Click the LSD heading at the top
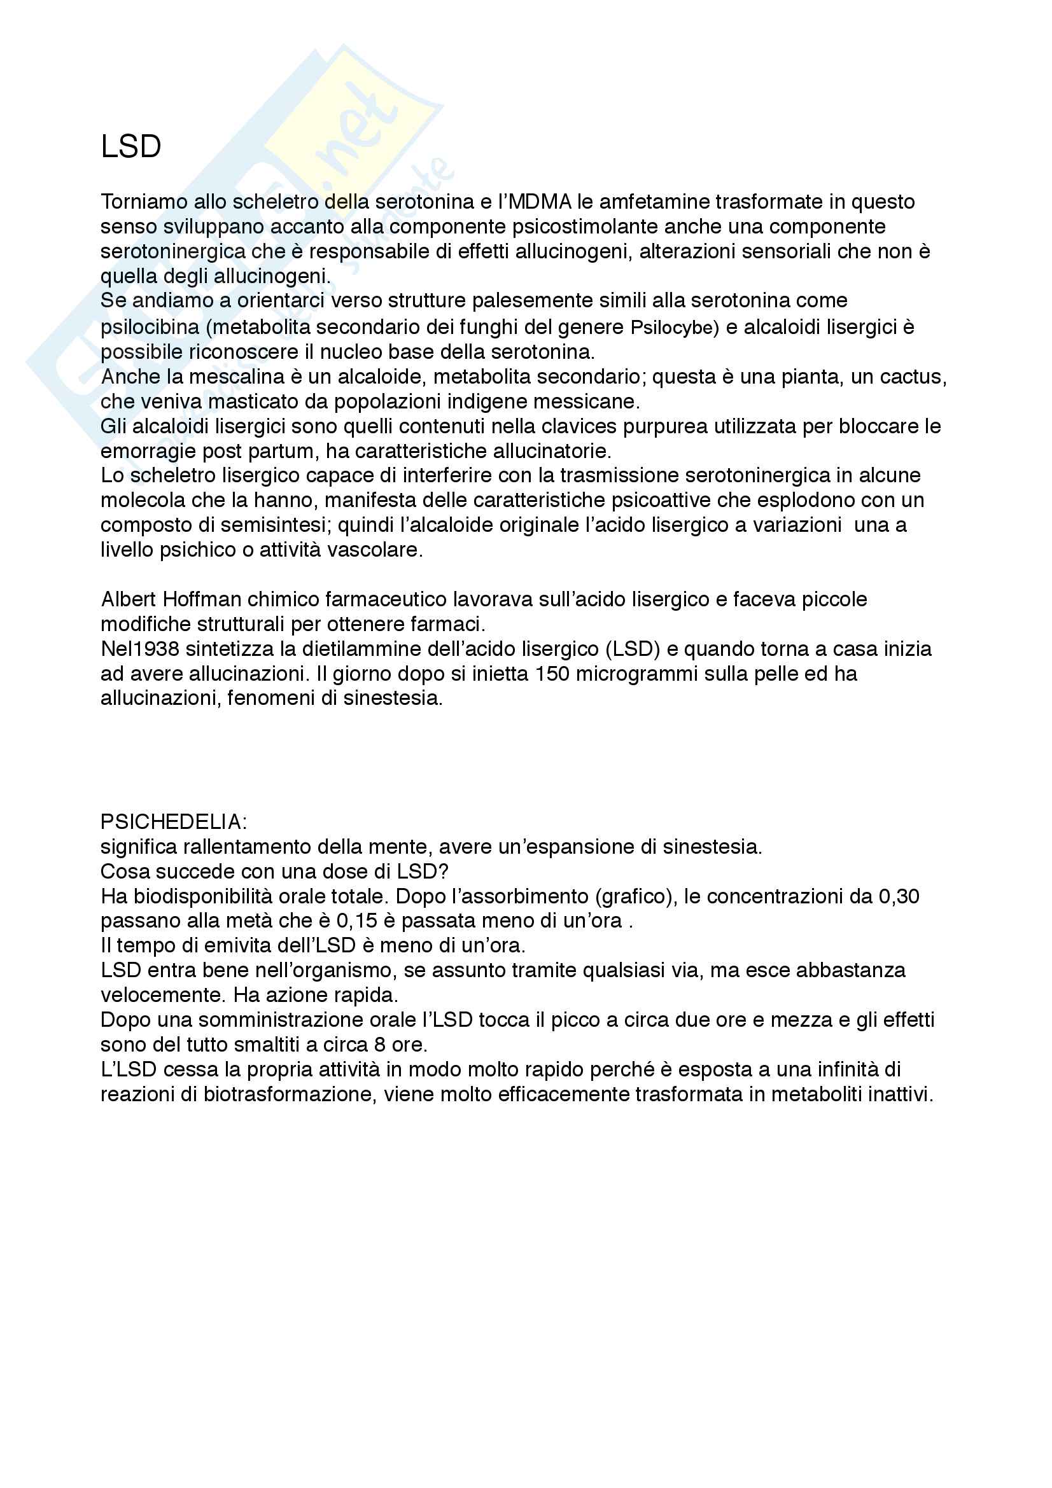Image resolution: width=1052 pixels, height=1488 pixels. tap(130, 147)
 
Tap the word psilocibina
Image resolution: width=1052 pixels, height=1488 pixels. tap(150, 326)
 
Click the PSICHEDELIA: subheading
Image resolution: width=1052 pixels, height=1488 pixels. tap(174, 823)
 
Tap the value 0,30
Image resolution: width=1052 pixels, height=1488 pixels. tap(899, 897)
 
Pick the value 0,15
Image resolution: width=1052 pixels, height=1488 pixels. tap(356, 921)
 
